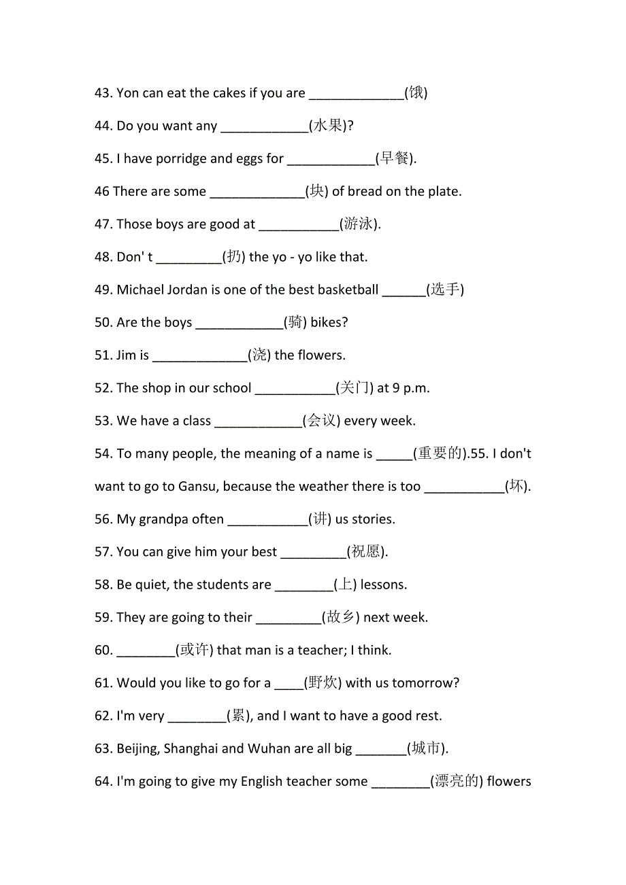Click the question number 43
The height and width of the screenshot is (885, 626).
click(104, 93)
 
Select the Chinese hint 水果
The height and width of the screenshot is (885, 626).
click(329, 126)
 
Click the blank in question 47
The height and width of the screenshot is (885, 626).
click(299, 225)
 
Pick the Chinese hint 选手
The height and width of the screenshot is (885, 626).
click(445, 290)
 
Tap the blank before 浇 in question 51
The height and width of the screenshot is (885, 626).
click(199, 355)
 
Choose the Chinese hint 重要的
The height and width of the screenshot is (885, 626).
click(440, 453)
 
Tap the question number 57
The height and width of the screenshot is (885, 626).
click(104, 552)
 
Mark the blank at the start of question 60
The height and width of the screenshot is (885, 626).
click(146, 651)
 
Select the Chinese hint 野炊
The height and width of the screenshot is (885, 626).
click(323, 682)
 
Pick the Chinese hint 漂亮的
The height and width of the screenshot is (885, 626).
click(457, 781)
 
